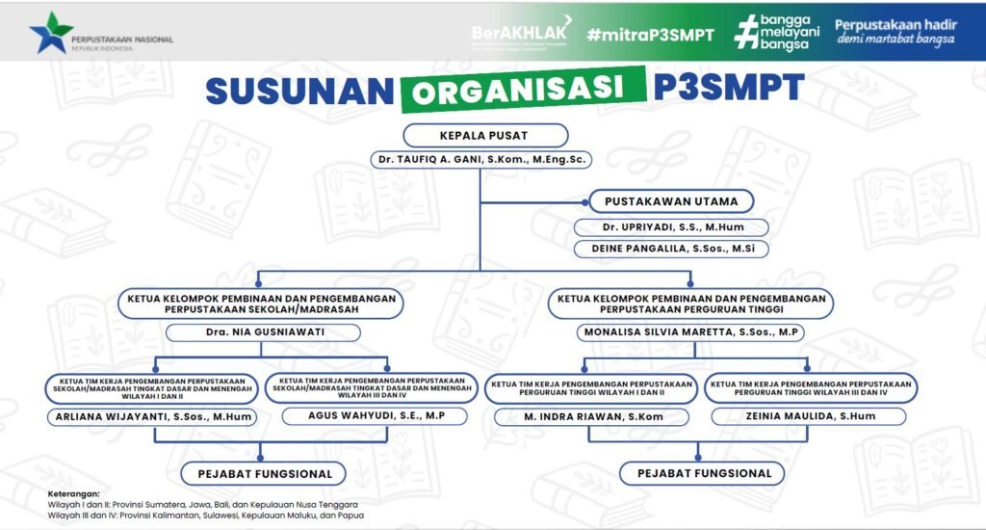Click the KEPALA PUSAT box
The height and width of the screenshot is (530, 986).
click(x=485, y=135)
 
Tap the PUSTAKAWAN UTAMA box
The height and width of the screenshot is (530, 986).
click(x=671, y=201)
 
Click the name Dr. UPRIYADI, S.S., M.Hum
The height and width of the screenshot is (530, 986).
click(x=671, y=227)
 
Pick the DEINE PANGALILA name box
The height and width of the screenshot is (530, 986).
click(x=671, y=249)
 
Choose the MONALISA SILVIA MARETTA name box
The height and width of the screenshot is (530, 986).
click(x=690, y=332)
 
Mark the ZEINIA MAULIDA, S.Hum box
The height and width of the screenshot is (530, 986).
click(x=809, y=416)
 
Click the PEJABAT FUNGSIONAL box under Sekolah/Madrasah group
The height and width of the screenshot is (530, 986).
click(x=264, y=473)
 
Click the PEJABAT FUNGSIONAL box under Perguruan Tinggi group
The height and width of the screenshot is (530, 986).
click(x=701, y=473)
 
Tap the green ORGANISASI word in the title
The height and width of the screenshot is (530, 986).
click(x=523, y=90)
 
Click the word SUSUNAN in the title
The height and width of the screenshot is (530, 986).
click(x=298, y=90)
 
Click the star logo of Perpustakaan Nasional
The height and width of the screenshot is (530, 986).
click(x=50, y=33)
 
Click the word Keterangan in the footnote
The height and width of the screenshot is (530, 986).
click(x=74, y=493)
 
